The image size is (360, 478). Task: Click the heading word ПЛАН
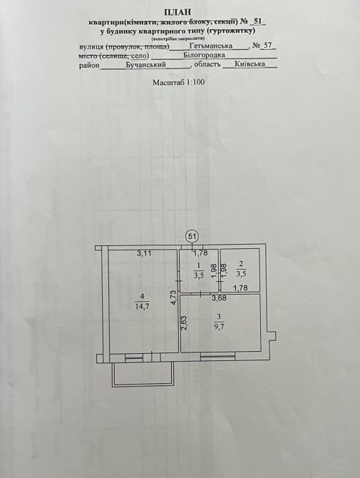tap(178, 12)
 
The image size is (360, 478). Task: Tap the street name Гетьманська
tap(211, 46)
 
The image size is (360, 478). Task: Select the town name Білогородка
tap(204, 55)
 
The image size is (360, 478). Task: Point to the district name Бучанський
tap(146, 65)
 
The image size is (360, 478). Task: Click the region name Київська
tap(250, 64)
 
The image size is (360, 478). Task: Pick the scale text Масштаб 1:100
tap(178, 82)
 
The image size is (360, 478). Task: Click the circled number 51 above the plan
tap(192, 236)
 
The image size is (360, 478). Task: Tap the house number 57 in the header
tap(267, 46)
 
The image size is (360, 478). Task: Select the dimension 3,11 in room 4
tap(144, 253)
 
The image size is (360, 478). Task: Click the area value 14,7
tap(143, 306)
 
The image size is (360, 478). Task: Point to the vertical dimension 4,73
tap(174, 298)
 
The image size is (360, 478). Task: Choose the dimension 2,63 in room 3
tap(184, 323)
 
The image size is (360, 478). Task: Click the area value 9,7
tap(219, 327)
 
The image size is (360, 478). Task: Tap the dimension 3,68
tap(220, 298)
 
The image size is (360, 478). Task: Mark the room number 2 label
tap(241, 263)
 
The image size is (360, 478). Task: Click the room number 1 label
tap(199, 265)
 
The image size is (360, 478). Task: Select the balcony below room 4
tap(143, 375)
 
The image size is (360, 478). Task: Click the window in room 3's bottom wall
tap(217, 356)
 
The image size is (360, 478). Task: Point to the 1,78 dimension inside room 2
tap(240, 288)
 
